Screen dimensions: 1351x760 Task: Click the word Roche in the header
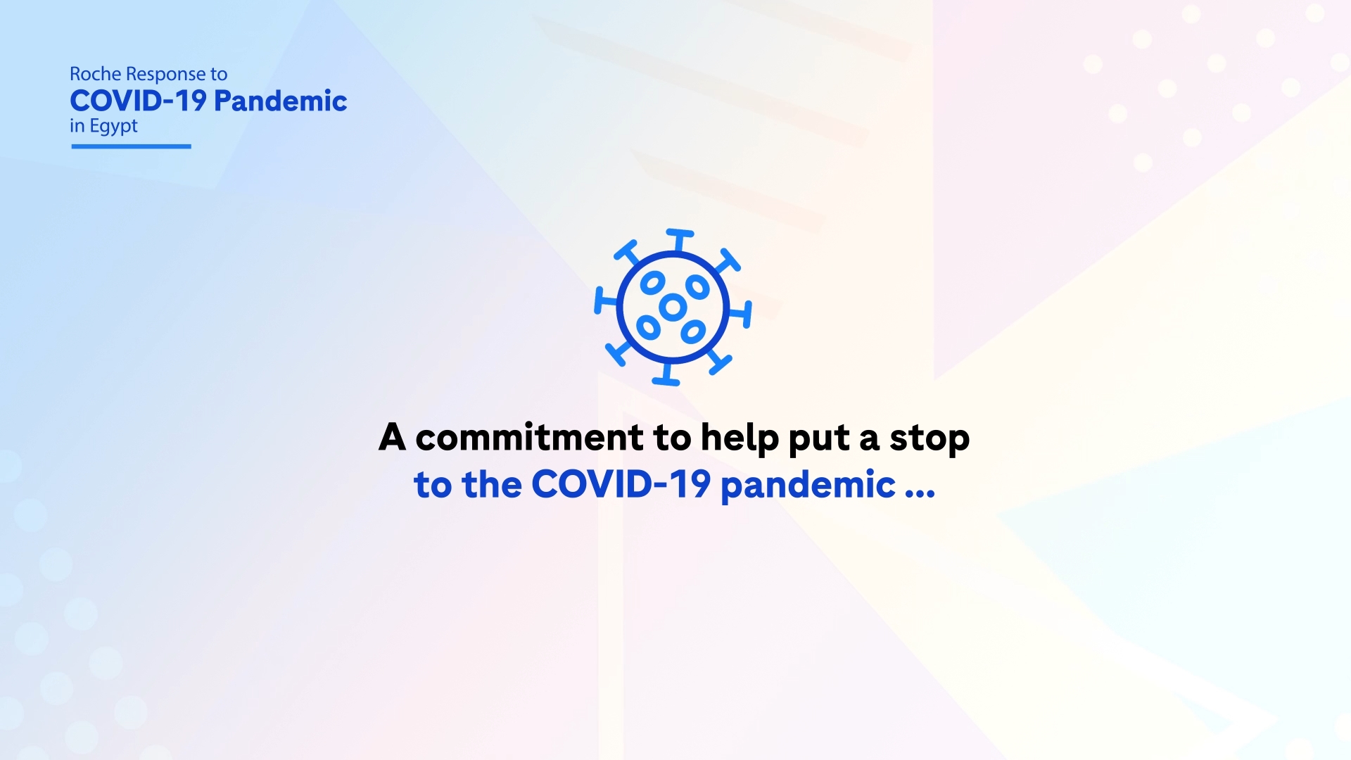coord(96,74)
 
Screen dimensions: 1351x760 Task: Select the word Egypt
coord(113,127)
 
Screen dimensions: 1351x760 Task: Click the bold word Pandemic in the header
coord(280,101)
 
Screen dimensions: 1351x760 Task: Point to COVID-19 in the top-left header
coord(138,101)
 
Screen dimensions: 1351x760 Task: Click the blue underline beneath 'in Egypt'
coord(131,146)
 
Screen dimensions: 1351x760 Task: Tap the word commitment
coord(529,438)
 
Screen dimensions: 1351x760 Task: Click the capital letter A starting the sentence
coord(393,436)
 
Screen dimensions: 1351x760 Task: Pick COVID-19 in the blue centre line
coord(621,485)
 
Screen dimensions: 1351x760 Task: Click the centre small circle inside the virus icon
coord(673,307)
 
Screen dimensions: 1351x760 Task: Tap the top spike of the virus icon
coord(680,240)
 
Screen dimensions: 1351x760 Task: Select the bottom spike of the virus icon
coord(666,374)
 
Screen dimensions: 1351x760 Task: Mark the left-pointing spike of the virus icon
coord(606,300)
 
